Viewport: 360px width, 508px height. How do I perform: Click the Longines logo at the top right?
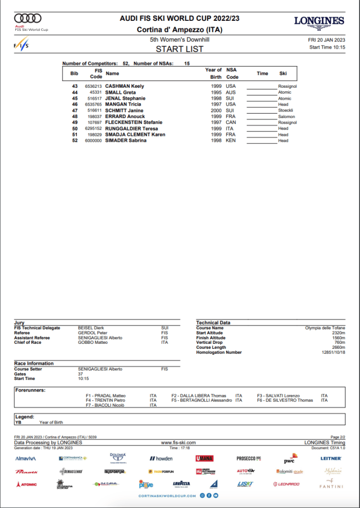[319, 22]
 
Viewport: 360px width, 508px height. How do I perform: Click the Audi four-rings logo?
[28, 18]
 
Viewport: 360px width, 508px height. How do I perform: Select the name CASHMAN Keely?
[124, 86]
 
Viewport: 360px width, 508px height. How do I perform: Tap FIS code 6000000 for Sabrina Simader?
[93, 140]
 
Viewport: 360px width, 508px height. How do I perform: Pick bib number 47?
[75, 111]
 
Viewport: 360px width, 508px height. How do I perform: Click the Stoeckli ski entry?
[286, 111]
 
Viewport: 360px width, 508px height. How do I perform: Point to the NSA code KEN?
[231, 140]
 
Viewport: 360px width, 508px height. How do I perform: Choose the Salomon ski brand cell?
[287, 117]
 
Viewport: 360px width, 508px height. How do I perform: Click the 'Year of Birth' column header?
[213, 73]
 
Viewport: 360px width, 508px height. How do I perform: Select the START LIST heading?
[180, 49]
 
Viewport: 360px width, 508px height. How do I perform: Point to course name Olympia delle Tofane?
[325, 328]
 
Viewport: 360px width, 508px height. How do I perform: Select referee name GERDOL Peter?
[93, 333]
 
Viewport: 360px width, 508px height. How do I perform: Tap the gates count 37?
[81, 374]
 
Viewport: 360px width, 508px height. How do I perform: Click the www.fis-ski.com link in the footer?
[179, 442]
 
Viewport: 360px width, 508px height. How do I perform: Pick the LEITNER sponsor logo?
[331, 458]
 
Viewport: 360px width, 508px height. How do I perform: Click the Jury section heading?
[19, 322]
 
